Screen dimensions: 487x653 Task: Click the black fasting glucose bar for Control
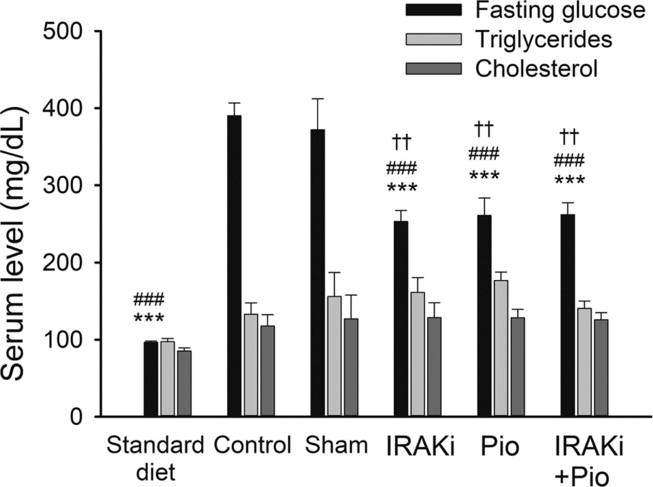(234, 266)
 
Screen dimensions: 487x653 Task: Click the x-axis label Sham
(337, 446)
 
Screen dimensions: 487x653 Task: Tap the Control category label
(253, 446)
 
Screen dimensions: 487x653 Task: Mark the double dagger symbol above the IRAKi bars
(401, 143)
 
